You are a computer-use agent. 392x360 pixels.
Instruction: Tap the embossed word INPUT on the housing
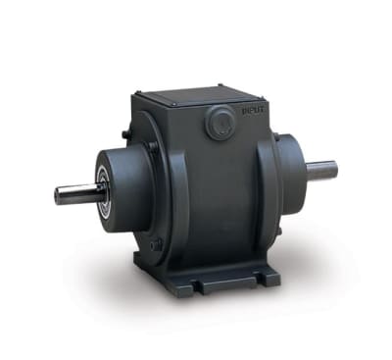tap(241, 116)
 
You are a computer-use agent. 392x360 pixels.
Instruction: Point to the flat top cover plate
tap(192, 93)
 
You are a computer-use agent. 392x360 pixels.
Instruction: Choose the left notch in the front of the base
tap(202, 287)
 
